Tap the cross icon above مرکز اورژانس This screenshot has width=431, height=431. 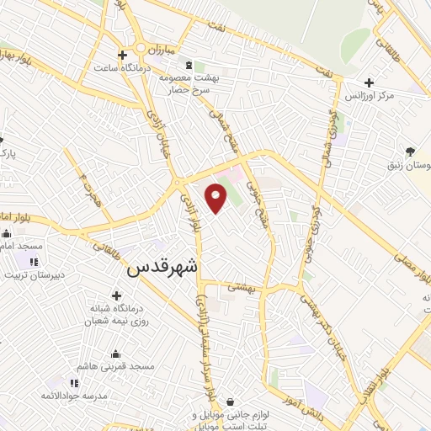(x=369, y=82)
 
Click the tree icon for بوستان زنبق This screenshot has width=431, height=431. (x=410, y=152)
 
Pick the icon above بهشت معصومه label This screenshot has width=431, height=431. (x=189, y=64)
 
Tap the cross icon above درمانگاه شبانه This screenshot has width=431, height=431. (x=115, y=295)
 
